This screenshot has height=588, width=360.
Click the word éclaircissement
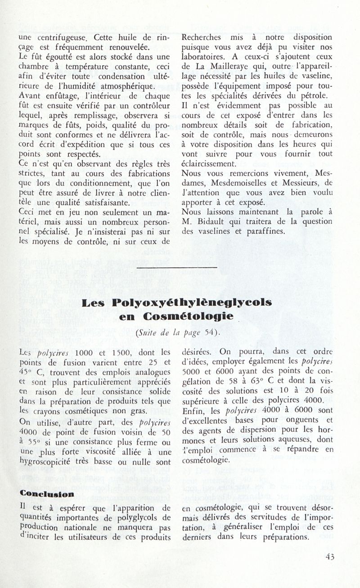(x=207, y=163)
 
